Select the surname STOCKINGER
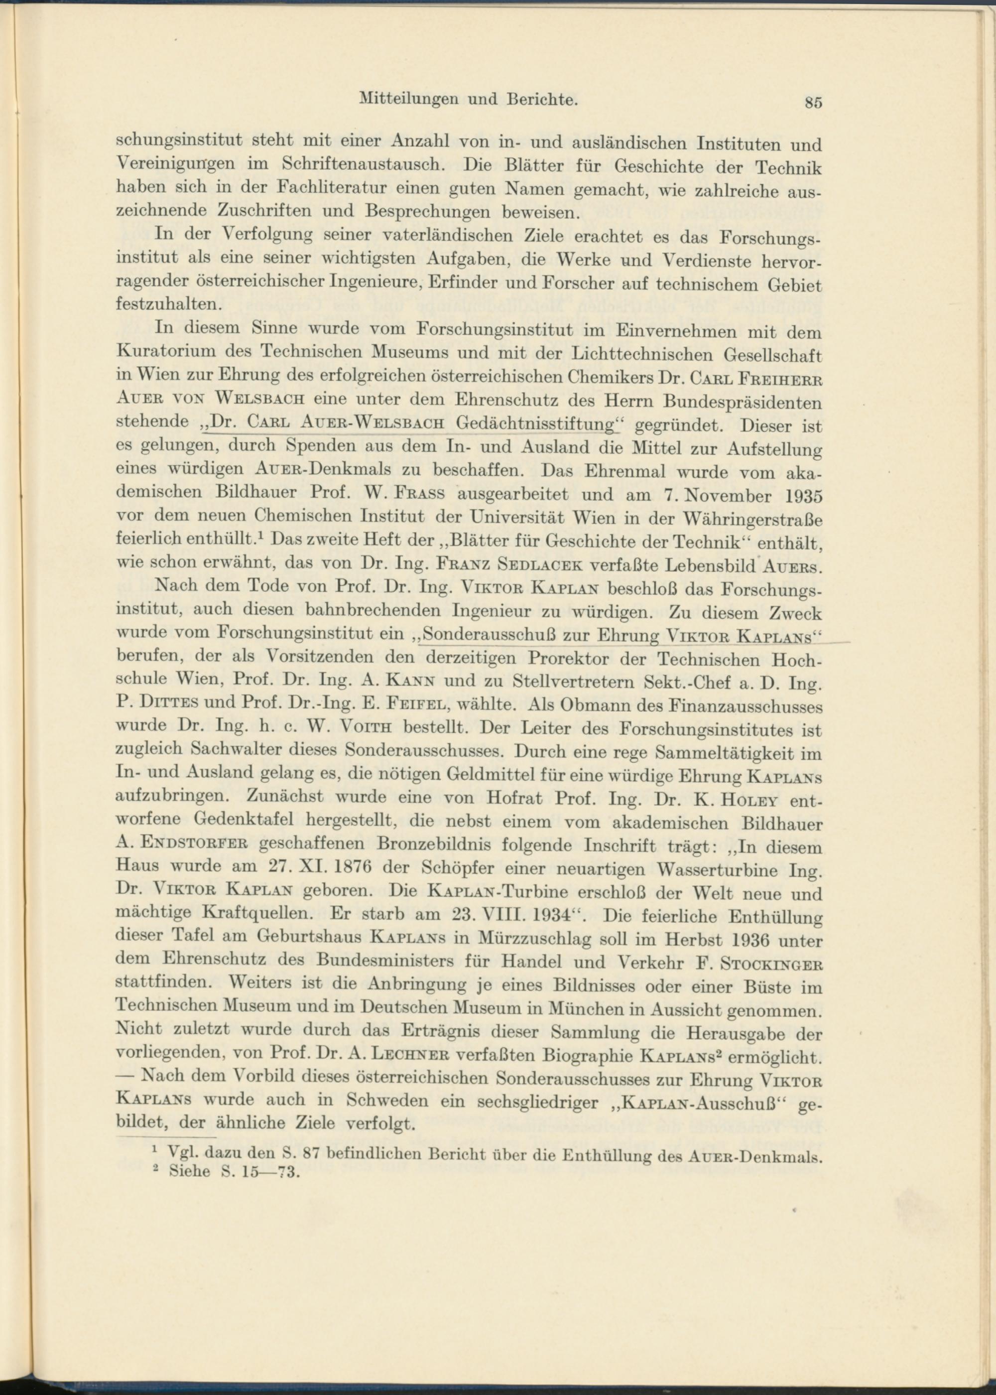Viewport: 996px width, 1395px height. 768,961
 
